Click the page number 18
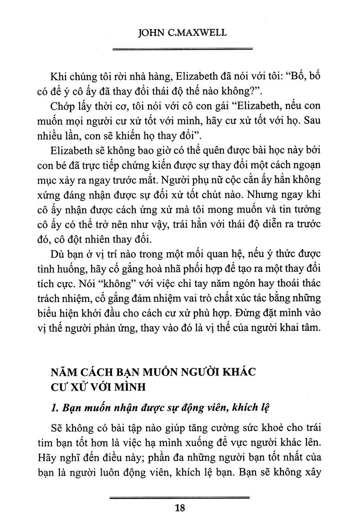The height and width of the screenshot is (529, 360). pyautogui.click(x=180, y=509)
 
